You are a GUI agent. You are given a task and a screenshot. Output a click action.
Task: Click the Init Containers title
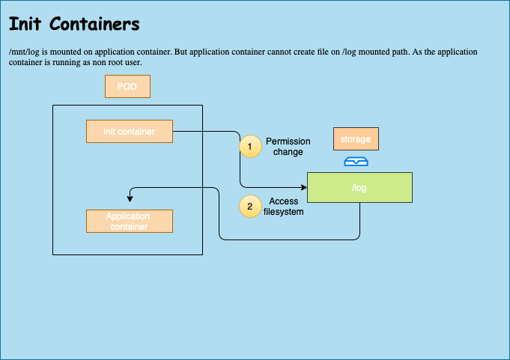tap(74, 25)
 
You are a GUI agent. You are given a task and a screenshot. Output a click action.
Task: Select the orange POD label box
tap(127, 87)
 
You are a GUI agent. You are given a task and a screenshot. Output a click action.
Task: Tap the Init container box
tap(130, 132)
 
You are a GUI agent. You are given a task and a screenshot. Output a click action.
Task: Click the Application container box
tap(130, 222)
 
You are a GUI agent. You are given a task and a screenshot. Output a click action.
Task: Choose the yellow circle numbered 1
tap(250, 147)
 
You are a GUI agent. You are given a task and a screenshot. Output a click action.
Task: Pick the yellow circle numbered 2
tap(250, 207)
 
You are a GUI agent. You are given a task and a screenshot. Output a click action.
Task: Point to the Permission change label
tap(288, 147)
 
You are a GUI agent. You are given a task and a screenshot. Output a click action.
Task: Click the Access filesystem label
tap(283, 207)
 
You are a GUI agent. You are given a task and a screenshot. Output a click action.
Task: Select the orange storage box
tap(356, 139)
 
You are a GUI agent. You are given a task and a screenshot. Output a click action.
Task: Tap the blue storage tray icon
tap(356, 162)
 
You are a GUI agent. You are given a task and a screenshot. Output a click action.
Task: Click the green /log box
tap(359, 187)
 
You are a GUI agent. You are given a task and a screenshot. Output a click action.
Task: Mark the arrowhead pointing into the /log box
tap(303, 187)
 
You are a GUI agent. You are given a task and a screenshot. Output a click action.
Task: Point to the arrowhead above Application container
tap(130, 198)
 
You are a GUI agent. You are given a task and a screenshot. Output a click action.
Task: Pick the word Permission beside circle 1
tap(288, 141)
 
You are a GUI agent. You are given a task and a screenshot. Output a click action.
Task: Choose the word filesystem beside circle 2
tap(283, 212)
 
